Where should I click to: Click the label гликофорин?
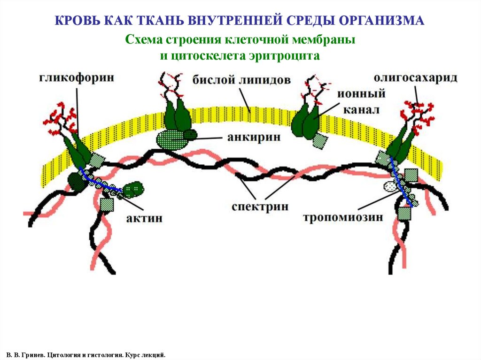coord(77,77)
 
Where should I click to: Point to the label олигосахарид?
coord(415,77)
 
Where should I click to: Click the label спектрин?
coord(260,207)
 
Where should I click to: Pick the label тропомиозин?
coord(343,217)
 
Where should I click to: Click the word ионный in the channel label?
coord(361,93)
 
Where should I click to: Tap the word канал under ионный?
coord(361,110)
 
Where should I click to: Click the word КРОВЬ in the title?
coord(76,20)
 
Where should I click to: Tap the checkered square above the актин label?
coord(107,204)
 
